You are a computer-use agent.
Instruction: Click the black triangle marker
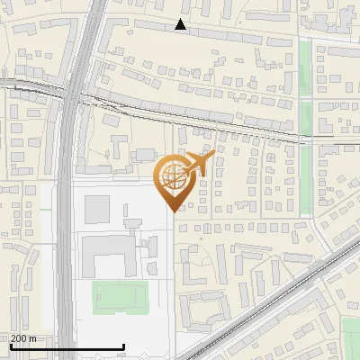181,24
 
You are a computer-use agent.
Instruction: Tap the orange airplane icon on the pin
196,165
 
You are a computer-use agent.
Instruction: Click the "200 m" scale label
24,338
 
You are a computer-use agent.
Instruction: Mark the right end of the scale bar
123,347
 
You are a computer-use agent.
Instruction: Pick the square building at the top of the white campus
97,208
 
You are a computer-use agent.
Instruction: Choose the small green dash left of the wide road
45,210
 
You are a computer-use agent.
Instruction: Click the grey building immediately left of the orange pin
146,156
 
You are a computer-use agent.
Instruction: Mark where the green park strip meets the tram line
305,137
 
